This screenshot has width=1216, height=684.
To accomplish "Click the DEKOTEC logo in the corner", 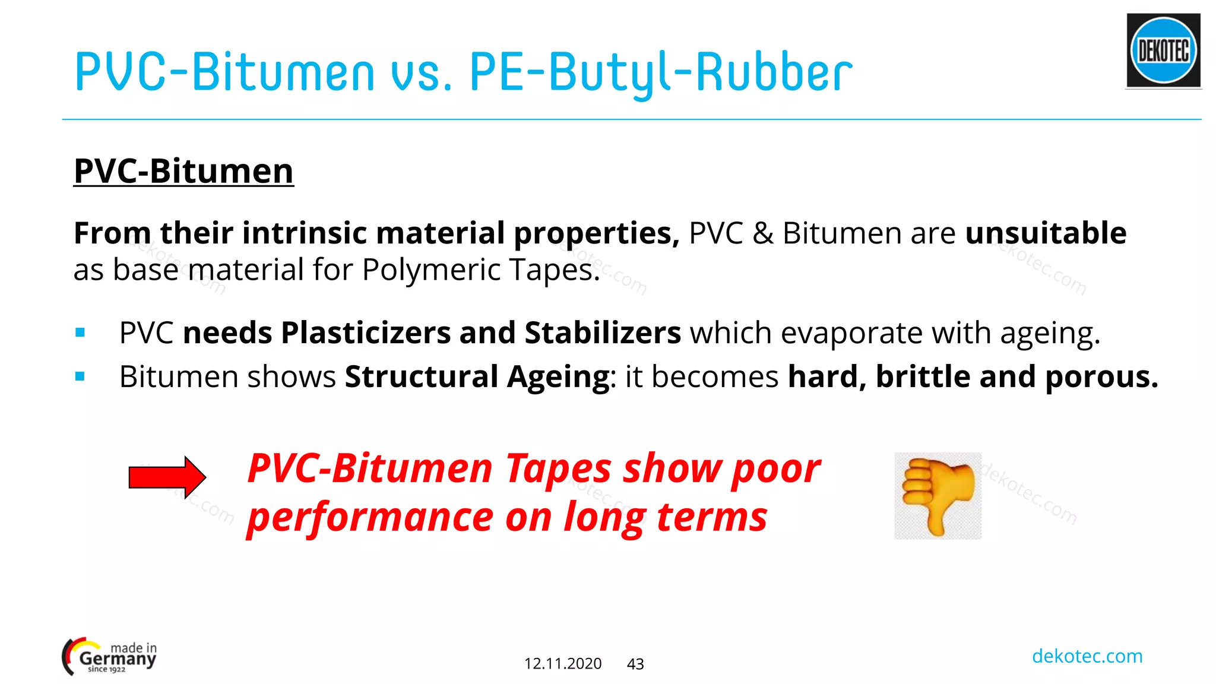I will click(x=1163, y=51).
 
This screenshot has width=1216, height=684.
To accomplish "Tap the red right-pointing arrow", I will click(x=167, y=477).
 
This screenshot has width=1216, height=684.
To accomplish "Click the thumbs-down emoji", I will click(x=938, y=496).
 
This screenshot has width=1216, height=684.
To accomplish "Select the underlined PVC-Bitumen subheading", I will click(x=183, y=172).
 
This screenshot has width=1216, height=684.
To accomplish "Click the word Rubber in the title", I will click(x=774, y=72).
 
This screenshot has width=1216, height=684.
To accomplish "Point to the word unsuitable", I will click(x=1045, y=233).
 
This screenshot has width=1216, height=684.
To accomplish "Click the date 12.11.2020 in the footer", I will click(x=562, y=664).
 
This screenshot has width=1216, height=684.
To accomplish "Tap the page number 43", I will click(x=635, y=664).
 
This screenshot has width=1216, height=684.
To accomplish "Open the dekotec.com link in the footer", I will click(x=1087, y=656).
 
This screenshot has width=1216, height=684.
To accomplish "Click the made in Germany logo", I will click(x=109, y=657).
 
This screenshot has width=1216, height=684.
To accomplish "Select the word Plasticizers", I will click(x=366, y=333).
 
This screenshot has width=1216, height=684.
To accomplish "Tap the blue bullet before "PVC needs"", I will click(x=80, y=333).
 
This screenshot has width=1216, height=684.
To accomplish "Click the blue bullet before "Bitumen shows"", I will click(x=80, y=376).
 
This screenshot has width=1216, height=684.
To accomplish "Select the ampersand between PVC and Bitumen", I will click(x=762, y=233).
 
